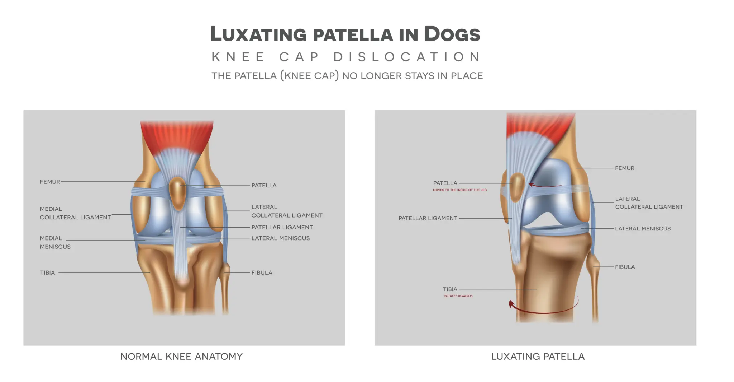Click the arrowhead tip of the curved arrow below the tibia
(x=510, y=301)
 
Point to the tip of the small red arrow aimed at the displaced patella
(x=529, y=185)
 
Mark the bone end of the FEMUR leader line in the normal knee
(x=145, y=182)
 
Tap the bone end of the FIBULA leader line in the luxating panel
(x=594, y=267)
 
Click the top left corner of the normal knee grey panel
(x=24, y=110)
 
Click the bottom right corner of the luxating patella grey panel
(x=696, y=345)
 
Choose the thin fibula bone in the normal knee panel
(x=225, y=287)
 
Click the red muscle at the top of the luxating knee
(x=538, y=127)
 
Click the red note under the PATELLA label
(x=460, y=190)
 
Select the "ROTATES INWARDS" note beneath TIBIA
(x=458, y=296)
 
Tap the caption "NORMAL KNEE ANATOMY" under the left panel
(x=181, y=357)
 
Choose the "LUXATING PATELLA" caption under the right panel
(x=538, y=357)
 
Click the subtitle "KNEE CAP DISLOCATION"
(x=346, y=57)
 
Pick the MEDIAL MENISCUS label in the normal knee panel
(x=55, y=242)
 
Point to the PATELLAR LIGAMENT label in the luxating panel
(x=428, y=218)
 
